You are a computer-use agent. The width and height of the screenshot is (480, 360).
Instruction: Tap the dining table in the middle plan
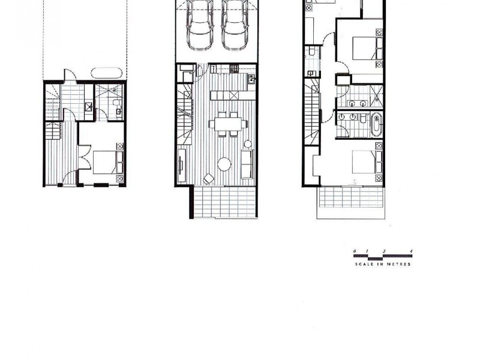coord(227,124)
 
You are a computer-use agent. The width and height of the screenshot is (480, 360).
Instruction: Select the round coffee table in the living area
coord(223,164)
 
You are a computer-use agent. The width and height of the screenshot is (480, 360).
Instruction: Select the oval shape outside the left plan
coord(106,74)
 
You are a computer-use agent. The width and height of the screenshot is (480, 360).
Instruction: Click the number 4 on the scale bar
coord(411,250)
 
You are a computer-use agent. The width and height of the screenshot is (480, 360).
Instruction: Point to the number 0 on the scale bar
coord(355,250)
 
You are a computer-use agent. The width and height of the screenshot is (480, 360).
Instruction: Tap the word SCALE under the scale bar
coord(363,265)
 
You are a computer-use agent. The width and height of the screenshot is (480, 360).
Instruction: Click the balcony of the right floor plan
coord(352,198)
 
